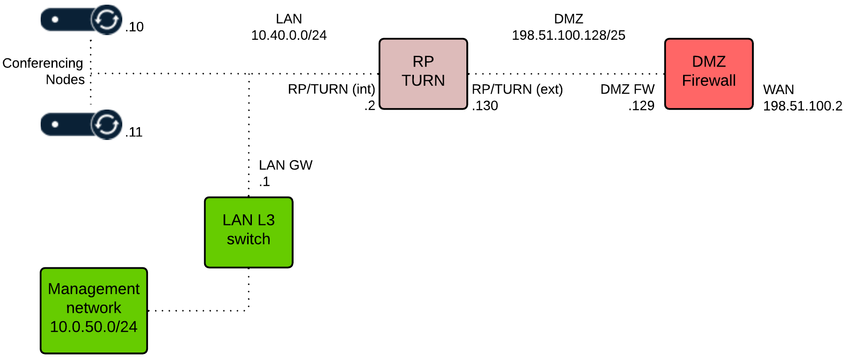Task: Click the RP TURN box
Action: click(423, 74)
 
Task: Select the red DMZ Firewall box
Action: click(708, 74)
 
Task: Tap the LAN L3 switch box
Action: click(249, 232)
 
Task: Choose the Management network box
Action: click(94, 310)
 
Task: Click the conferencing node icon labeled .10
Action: click(81, 20)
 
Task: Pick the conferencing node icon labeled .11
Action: click(81, 125)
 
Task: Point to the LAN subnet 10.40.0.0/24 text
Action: click(289, 35)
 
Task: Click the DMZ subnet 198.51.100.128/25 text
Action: click(568, 35)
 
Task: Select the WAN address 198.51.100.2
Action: click(802, 106)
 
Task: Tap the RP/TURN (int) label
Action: click(331, 89)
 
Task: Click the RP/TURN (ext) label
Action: click(517, 89)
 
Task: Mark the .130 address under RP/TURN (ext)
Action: click(485, 106)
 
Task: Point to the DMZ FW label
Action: click(627, 89)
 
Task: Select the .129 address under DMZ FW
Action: click(641, 106)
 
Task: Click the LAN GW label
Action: click(286, 165)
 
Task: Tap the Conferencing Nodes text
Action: click(43, 71)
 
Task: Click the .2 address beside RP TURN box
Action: click(370, 106)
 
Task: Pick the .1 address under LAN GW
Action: click(265, 182)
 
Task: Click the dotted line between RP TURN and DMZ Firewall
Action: click(566, 73)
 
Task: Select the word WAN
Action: click(778, 89)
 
